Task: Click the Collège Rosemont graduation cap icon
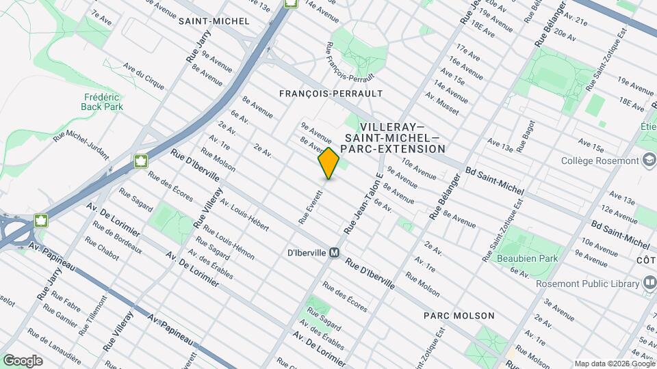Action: click(x=649, y=161)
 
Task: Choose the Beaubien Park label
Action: click(x=533, y=258)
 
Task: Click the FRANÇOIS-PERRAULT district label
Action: click(x=331, y=92)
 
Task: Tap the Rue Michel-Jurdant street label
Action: click(x=81, y=144)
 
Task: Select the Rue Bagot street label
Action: click(x=525, y=137)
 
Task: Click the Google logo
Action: click(x=23, y=360)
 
